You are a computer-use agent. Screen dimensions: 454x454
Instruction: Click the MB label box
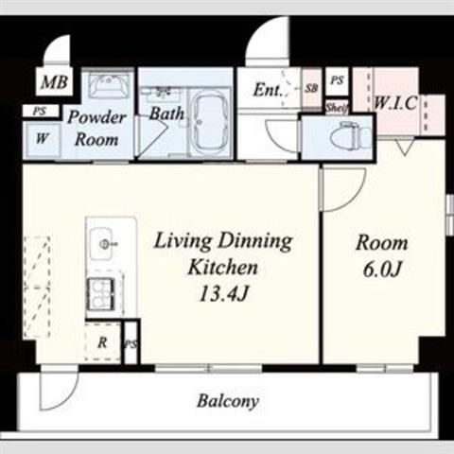click(54, 82)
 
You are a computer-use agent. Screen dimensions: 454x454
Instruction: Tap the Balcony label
click(228, 401)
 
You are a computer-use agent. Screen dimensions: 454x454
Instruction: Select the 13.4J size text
click(223, 294)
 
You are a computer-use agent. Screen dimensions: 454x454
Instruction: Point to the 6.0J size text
click(382, 270)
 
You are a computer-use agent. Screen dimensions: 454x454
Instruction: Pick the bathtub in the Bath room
click(208, 122)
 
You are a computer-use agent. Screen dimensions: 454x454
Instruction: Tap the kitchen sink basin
click(101, 243)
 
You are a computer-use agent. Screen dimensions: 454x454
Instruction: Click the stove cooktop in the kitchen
click(101, 294)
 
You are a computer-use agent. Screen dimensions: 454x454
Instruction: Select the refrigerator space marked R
click(103, 341)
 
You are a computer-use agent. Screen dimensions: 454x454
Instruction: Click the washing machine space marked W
click(43, 139)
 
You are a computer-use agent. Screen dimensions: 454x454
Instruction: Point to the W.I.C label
click(395, 103)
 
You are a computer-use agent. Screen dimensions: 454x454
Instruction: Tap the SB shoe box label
click(311, 88)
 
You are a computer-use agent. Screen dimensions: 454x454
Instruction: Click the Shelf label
click(338, 108)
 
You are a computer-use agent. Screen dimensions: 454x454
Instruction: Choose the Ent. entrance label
click(268, 90)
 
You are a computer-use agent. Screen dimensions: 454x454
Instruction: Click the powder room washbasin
click(109, 84)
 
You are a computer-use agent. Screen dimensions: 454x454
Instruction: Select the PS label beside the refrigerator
click(131, 343)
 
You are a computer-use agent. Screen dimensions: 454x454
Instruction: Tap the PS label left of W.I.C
click(337, 80)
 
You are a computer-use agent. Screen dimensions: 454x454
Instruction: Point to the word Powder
click(97, 117)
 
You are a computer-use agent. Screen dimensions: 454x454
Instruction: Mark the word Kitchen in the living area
click(222, 268)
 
